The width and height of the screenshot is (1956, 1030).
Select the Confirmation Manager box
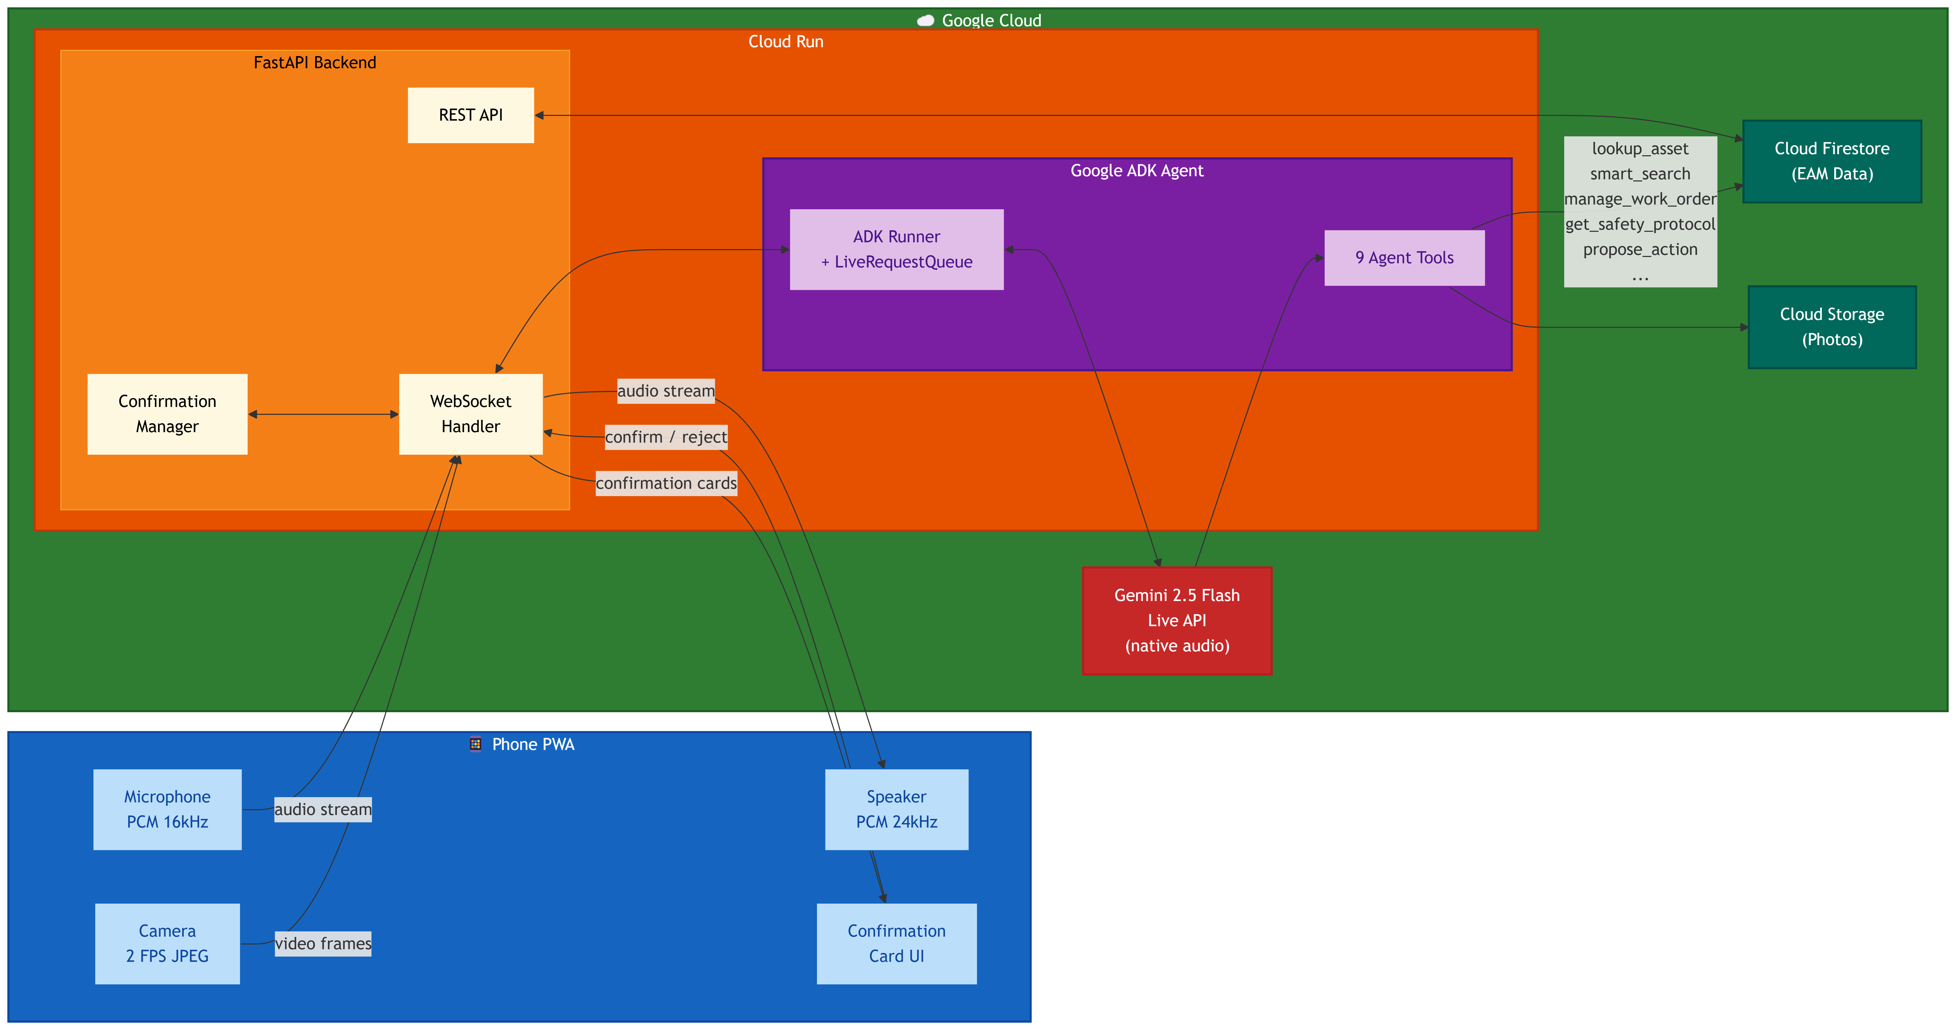tap(167, 414)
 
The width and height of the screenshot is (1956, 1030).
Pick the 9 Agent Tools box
tap(1404, 258)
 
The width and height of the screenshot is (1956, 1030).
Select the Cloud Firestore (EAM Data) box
tap(1831, 161)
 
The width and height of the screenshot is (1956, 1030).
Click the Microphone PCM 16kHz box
tap(167, 809)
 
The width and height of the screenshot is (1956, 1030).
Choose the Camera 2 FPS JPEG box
tap(167, 943)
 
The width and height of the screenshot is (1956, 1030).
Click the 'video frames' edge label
tap(323, 943)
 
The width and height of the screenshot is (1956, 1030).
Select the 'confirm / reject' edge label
tap(666, 437)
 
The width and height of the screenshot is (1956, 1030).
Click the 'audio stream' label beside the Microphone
tap(323, 809)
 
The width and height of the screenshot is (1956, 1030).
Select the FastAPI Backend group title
tap(314, 62)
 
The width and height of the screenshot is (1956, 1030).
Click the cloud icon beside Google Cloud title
tap(925, 20)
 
